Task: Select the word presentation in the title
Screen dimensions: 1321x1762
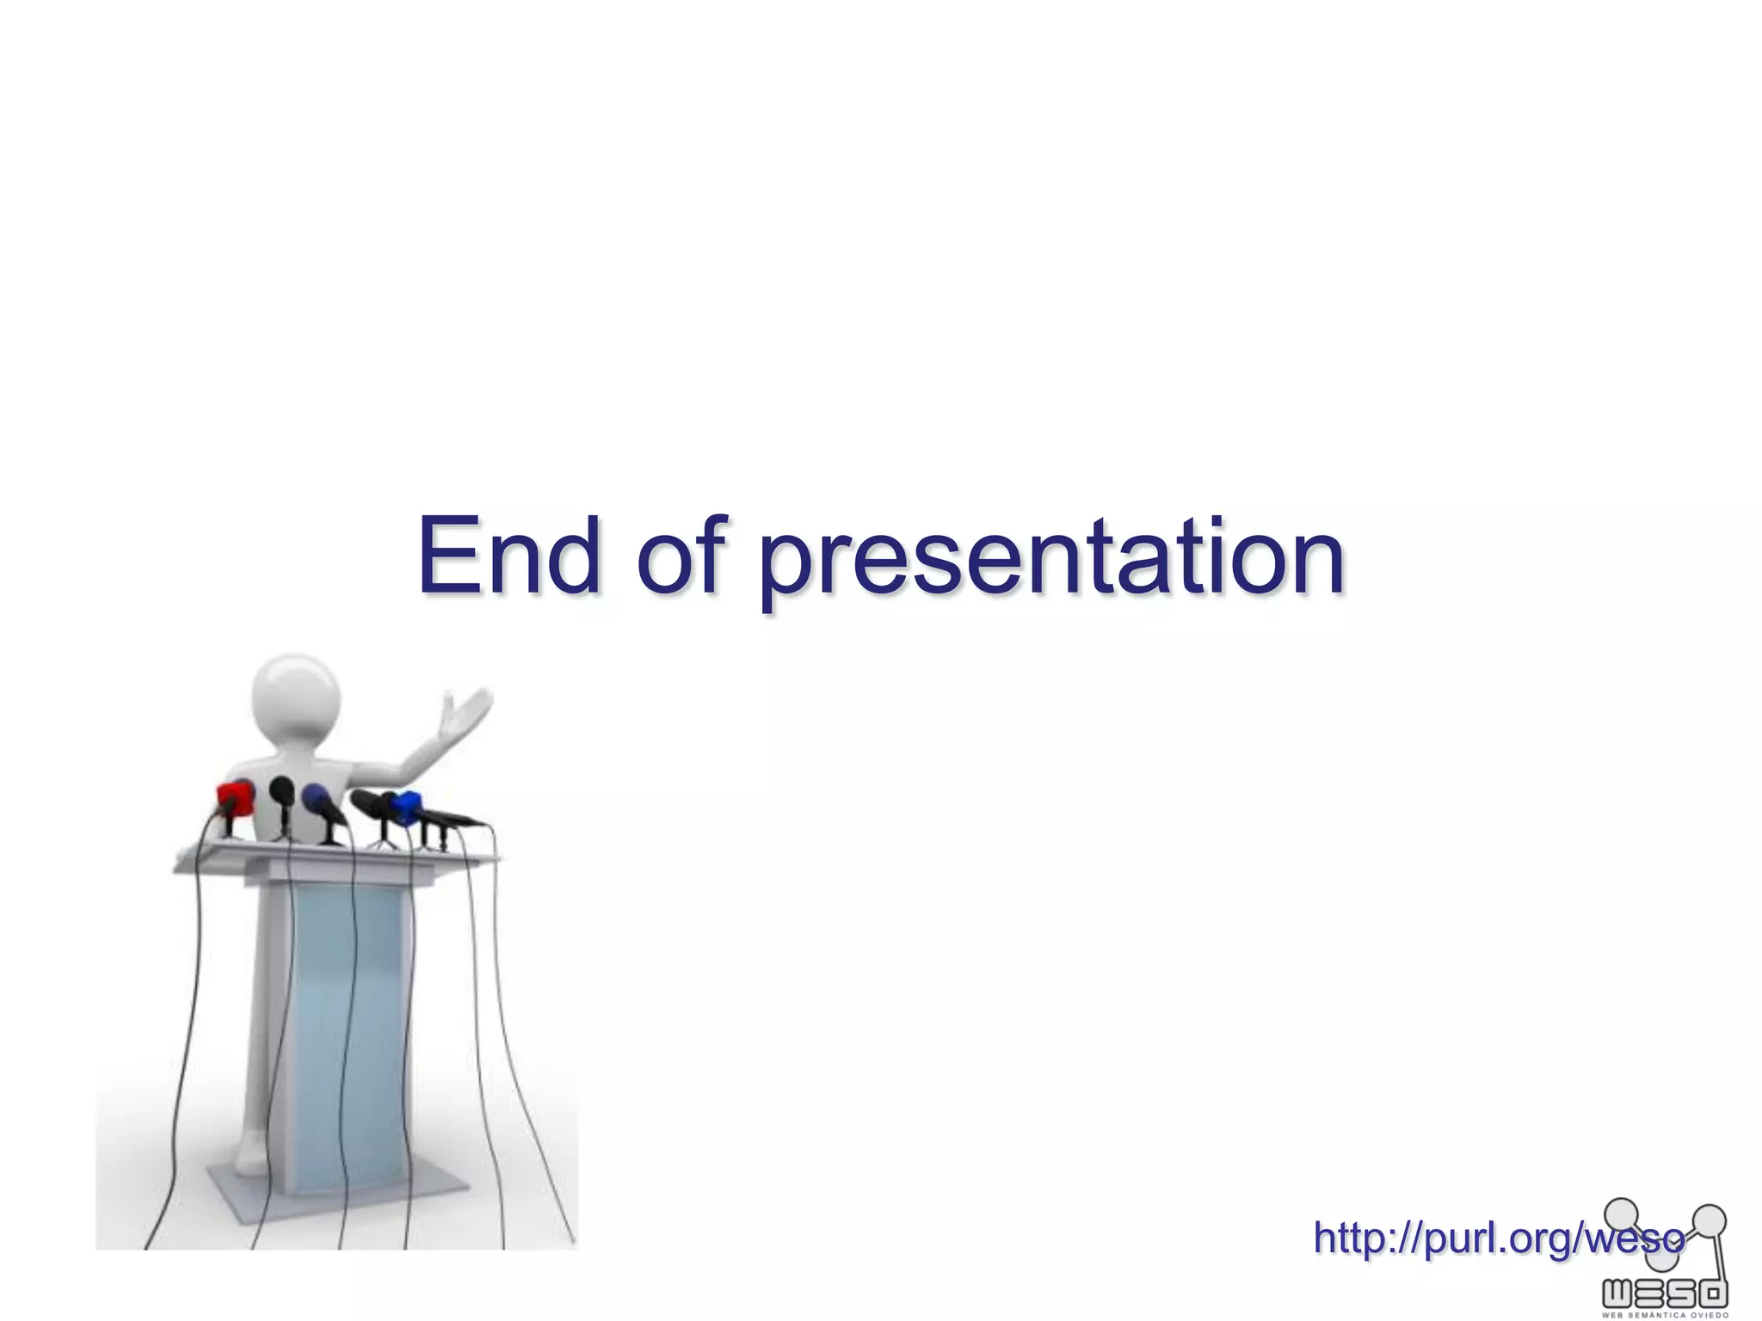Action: tap(1051, 559)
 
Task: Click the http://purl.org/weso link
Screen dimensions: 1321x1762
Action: tap(1498, 1238)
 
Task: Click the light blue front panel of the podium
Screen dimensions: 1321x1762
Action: tap(348, 1032)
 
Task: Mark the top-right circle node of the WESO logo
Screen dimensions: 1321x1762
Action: tap(1710, 1220)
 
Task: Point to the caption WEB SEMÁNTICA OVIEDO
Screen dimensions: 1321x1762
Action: tap(1665, 1315)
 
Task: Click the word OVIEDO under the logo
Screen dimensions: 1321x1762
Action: tap(1709, 1315)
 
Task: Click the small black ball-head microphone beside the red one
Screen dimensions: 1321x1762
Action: tap(281, 790)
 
